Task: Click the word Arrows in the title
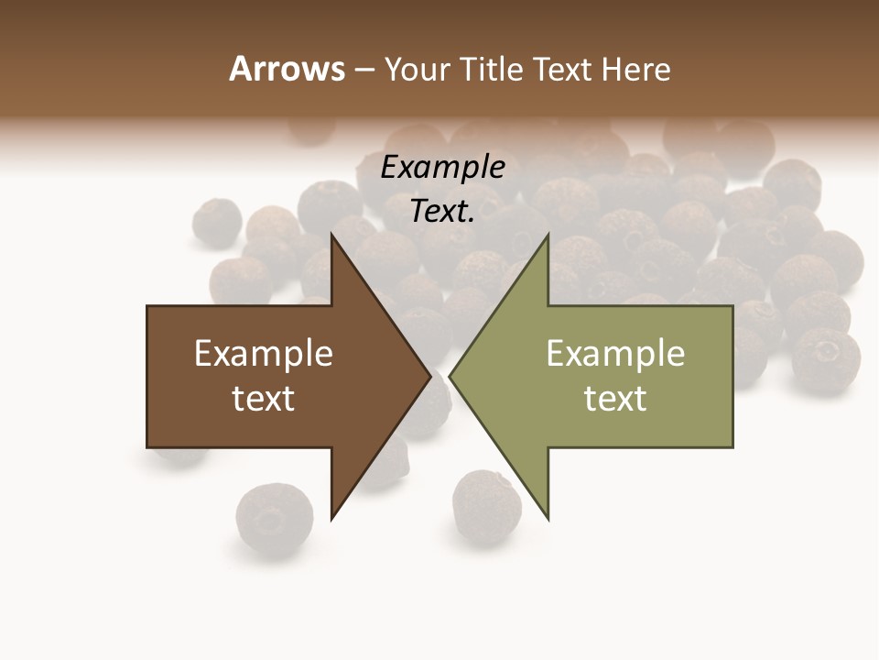(x=287, y=69)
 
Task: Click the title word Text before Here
(x=564, y=69)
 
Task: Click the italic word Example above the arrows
(x=442, y=167)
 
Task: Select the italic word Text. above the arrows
(x=442, y=211)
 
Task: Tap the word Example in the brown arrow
(x=264, y=353)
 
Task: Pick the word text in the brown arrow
(x=264, y=398)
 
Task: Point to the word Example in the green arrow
(x=615, y=353)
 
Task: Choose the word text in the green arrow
(x=615, y=398)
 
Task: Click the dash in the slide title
(x=363, y=70)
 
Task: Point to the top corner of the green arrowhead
(x=548, y=236)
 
